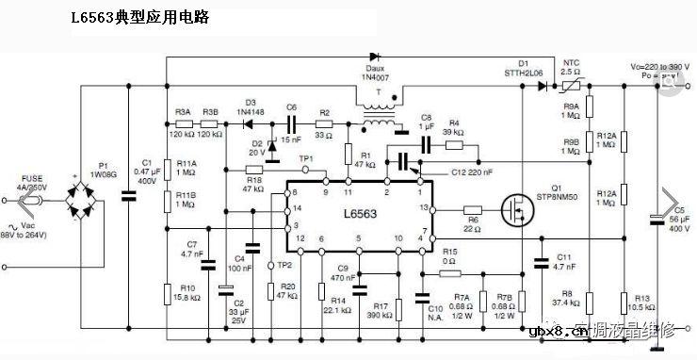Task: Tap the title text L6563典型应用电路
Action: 140,18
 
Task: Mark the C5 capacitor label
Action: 680,209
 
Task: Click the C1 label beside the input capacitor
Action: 146,162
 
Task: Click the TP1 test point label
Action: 305,158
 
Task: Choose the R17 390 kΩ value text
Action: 381,315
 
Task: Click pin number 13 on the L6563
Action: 424,206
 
